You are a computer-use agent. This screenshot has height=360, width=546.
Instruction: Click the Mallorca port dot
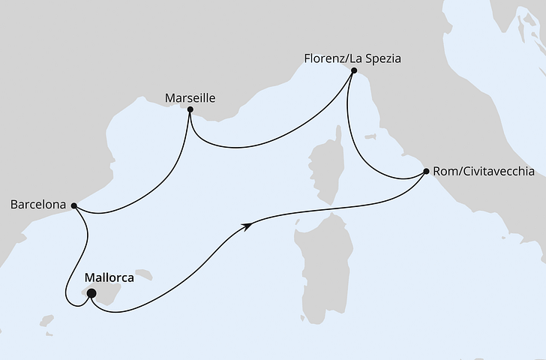91,294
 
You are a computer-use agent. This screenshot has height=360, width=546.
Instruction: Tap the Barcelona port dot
73,204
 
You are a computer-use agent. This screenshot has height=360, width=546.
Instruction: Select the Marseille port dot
190,110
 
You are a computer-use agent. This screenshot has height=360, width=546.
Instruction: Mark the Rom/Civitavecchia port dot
426,172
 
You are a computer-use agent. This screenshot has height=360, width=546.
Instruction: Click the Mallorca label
109,277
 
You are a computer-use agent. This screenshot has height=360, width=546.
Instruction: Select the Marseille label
190,97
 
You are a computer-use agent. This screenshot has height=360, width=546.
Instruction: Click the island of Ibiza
48,321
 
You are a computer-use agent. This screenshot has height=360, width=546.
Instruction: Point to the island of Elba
370,137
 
